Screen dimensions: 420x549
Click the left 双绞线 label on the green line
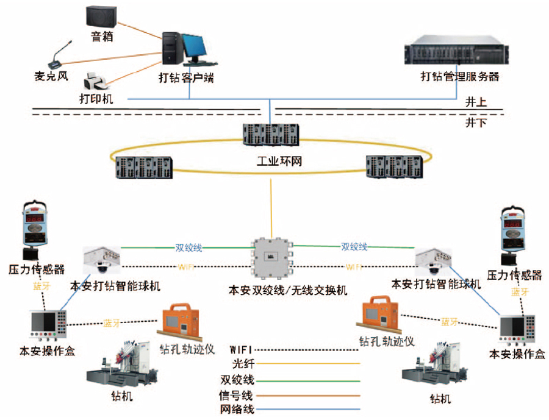(189, 248)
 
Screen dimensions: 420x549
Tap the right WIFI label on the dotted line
(354, 267)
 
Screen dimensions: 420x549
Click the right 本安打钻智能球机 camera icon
(435, 262)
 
